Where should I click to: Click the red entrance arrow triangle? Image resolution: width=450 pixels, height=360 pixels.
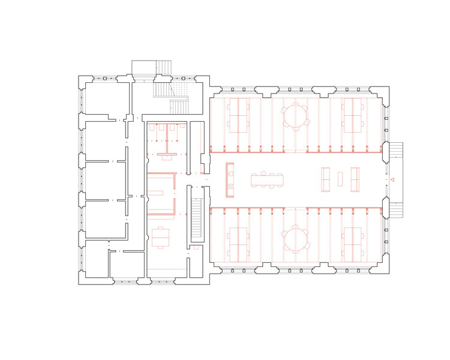(x=391, y=179)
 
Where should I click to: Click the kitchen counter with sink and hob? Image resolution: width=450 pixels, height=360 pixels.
(x=229, y=179)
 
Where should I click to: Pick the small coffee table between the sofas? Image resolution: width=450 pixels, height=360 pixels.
(x=340, y=179)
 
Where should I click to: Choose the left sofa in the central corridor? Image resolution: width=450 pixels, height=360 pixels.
(x=327, y=179)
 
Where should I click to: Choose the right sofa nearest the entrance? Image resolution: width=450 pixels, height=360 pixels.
(x=354, y=179)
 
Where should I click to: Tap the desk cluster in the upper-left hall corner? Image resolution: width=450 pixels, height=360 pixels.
(x=238, y=115)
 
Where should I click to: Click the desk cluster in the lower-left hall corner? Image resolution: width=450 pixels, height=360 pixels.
(x=238, y=244)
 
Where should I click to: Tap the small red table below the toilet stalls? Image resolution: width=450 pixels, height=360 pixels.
(x=166, y=155)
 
